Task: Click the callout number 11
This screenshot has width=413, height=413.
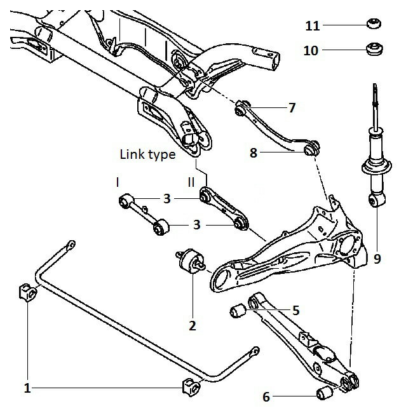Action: click(x=313, y=26)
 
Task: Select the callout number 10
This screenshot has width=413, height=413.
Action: click(x=311, y=50)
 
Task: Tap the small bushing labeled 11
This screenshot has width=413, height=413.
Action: click(x=374, y=23)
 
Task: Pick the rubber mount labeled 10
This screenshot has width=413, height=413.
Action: click(x=375, y=49)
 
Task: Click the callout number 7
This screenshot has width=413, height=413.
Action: click(x=292, y=108)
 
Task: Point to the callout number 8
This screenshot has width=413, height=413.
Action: click(x=253, y=152)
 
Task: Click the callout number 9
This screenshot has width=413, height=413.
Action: click(x=377, y=259)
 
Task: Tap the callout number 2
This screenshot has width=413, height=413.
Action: click(x=193, y=326)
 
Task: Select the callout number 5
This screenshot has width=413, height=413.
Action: click(x=296, y=310)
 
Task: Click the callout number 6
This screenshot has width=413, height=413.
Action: click(x=266, y=397)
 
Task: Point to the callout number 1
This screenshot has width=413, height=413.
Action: click(x=27, y=388)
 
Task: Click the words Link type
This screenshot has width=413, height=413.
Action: click(x=148, y=154)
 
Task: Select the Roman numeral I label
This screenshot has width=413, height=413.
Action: click(x=118, y=182)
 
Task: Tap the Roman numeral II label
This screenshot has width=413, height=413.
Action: click(x=191, y=182)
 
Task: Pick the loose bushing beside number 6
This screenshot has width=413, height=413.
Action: click(x=325, y=393)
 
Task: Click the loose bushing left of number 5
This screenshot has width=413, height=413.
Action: click(x=238, y=311)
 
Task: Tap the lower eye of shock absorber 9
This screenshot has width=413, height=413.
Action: click(x=377, y=200)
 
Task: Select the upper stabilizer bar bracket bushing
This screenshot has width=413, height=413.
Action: click(x=28, y=292)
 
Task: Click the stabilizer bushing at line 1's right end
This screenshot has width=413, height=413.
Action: click(x=191, y=387)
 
